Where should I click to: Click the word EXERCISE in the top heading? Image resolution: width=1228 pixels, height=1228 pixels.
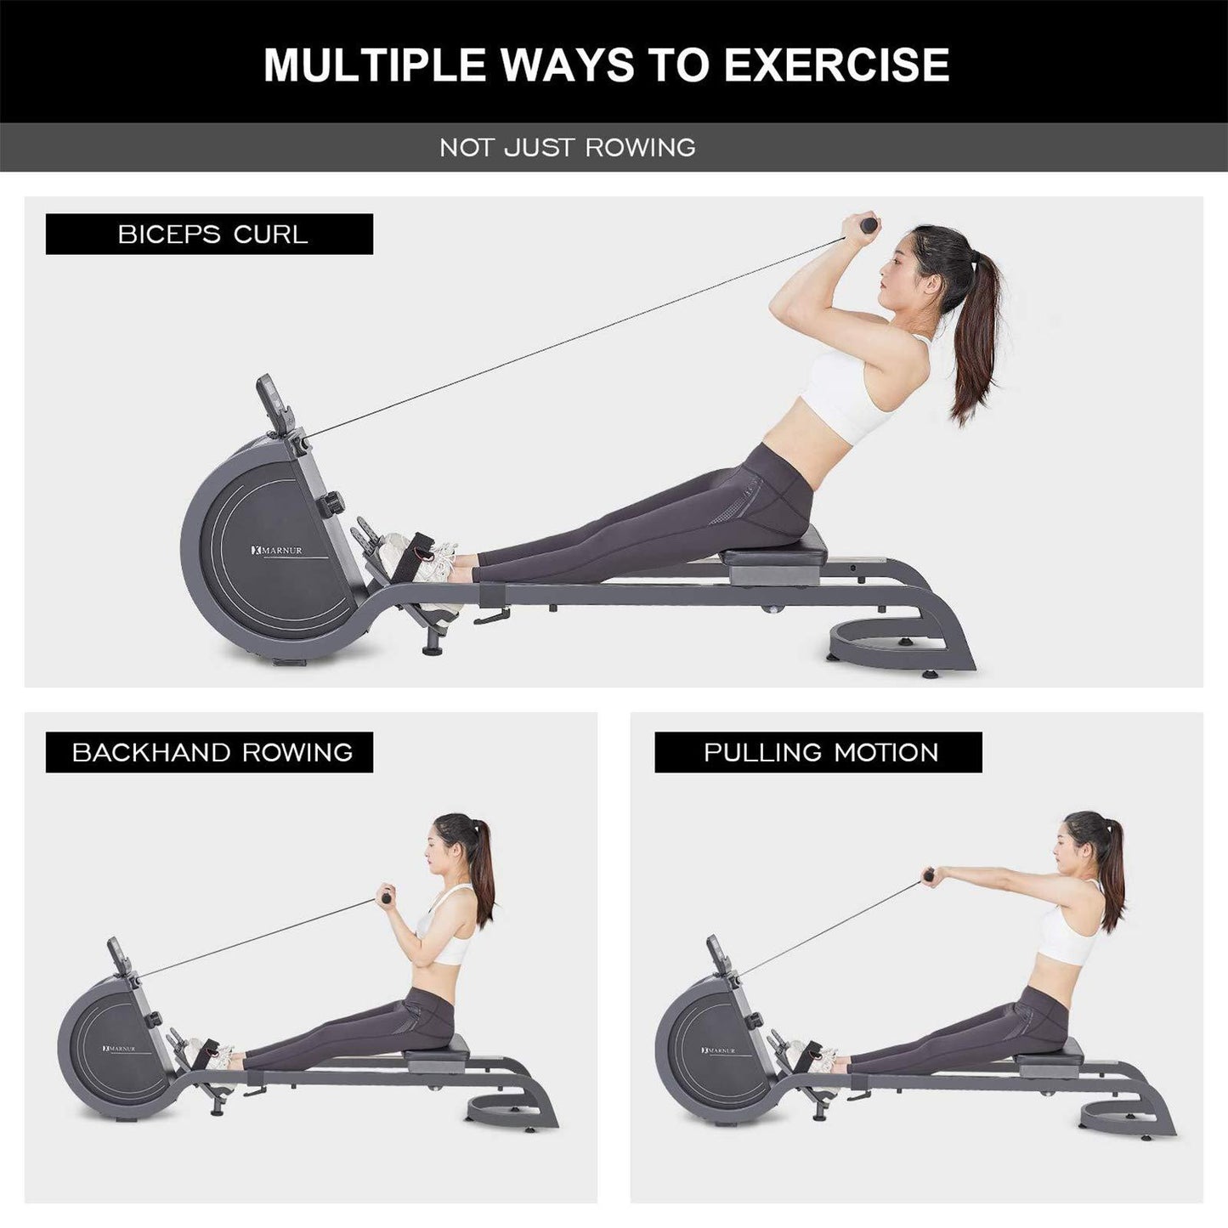pyautogui.click(x=836, y=65)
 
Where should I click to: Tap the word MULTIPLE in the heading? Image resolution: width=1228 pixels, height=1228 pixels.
pyautogui.click(x=374, y=65)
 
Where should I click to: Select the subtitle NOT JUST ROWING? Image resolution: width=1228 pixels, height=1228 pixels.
pyautogui.click(x=568, y=148)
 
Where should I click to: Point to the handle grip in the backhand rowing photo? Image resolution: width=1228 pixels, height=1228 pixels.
pyautogui.click(x=386, y=895)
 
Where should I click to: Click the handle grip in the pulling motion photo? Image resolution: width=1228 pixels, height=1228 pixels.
pyautogui.click(x=930, y=874)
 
